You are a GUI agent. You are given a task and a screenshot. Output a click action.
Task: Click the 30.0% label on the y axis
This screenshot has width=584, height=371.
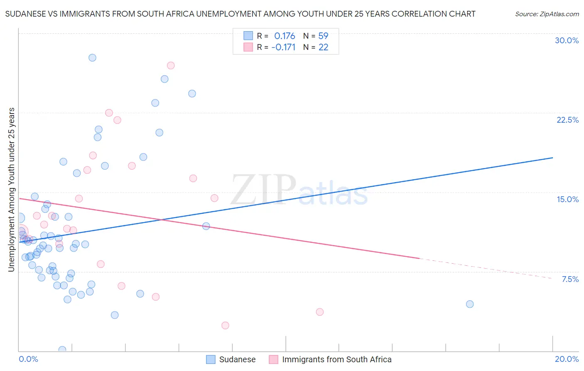[567, 40]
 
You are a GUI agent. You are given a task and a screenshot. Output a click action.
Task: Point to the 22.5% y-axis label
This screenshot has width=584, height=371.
[567, 120]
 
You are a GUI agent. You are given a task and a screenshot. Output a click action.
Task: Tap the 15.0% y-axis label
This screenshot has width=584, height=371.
[567, 199]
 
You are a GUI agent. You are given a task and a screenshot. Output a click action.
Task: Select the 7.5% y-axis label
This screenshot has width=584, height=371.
[570, 279]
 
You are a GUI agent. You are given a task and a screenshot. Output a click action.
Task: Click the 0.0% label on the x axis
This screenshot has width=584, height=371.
[28, 359]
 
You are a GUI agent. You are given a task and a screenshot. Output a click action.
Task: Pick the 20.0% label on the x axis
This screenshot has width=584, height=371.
[567, 359]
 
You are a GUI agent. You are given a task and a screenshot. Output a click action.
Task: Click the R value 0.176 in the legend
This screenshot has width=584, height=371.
[285, 36]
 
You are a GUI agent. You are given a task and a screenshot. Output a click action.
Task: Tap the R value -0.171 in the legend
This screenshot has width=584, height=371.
[283, 47]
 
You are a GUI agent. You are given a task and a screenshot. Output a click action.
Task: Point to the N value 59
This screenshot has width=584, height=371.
[323, 36]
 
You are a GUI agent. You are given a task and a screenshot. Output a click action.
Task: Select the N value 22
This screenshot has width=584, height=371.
[323, 47]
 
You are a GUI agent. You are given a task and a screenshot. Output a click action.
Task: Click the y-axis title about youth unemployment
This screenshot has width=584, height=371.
[11, 190]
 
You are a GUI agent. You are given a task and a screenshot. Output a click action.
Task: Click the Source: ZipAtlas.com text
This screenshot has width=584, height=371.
[547, 14]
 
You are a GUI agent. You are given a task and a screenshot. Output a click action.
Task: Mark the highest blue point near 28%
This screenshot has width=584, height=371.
[92, 58]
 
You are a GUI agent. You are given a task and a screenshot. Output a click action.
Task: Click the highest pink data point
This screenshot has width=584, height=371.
[170, 65]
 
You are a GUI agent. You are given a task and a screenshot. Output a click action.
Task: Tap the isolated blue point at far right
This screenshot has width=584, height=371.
[470, 304]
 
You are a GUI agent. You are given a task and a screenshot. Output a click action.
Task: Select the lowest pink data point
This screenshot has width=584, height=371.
[225, 325]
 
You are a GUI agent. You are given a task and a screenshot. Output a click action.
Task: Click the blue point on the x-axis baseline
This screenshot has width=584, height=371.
[62, 350]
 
